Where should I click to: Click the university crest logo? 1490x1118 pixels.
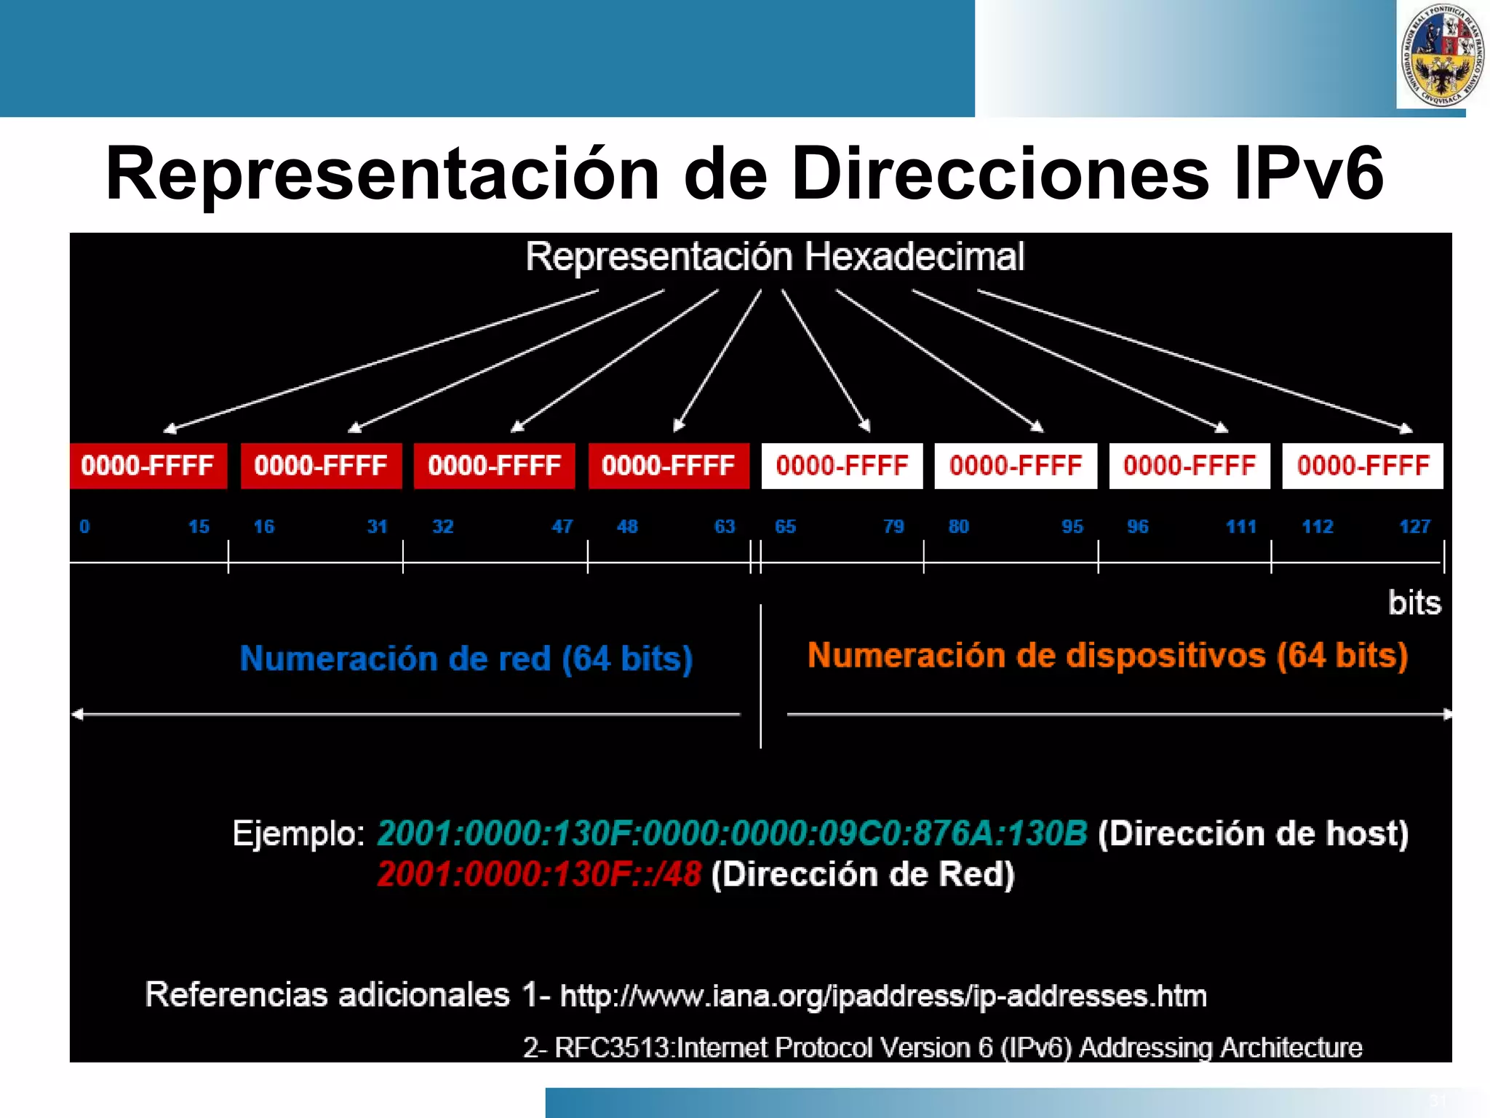click(1441, 55)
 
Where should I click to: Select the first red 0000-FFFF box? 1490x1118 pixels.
click(148, 466)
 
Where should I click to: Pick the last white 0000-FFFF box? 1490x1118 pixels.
click(1363, 466)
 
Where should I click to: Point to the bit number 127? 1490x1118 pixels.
click(1414, 526)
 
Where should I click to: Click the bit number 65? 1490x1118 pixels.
click(785, 526)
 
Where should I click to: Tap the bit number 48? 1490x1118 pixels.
click(627, 526)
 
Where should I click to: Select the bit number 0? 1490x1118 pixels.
click(84, 526)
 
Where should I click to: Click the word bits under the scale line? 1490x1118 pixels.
click(1414, 603)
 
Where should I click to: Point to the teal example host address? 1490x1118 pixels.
click(732, 833)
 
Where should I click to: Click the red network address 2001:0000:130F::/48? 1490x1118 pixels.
click(539, 874)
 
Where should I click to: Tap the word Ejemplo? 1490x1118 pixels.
click(298, 833)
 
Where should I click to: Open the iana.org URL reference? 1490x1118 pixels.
click(883, 996)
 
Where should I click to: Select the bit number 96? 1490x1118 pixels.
click(1137, 526)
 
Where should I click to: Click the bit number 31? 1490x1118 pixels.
click(377, 526)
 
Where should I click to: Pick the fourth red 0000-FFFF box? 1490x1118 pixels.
click(668, 466)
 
